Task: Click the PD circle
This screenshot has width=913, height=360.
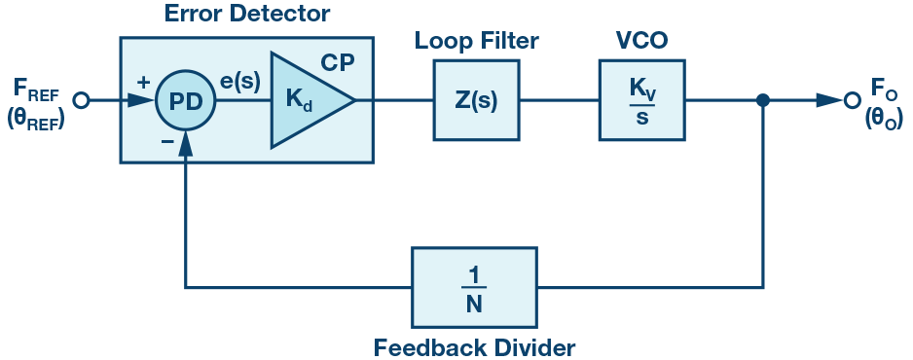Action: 185,100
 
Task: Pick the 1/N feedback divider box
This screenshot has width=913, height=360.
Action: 474,287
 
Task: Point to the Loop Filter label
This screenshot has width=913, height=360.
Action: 476,41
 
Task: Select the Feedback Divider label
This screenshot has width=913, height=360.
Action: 474,346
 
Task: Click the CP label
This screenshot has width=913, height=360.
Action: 337,62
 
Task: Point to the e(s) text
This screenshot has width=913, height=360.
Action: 239,83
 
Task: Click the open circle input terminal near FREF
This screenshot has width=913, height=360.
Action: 82,100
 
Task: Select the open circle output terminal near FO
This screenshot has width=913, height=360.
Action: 852,100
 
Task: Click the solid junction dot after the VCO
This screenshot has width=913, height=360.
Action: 763,100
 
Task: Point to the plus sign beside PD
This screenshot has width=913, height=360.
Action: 143,82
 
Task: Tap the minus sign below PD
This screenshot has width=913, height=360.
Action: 167,142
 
